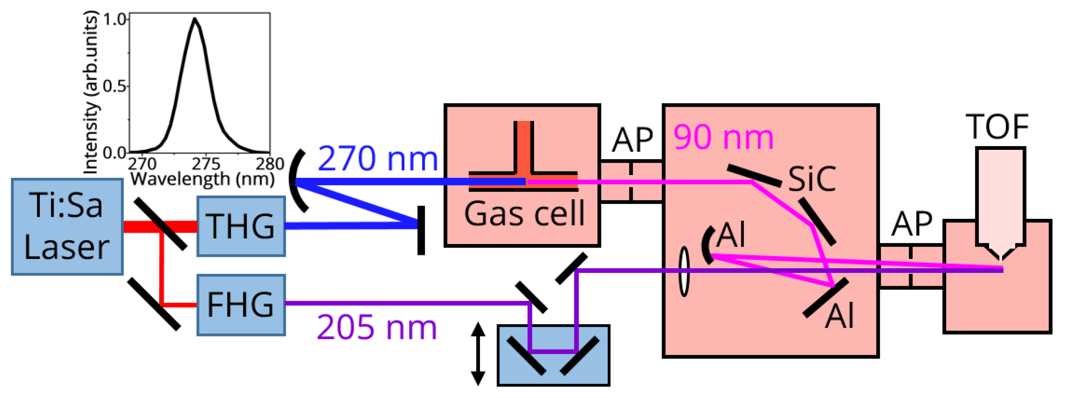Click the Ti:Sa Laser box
coord(67,227)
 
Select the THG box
coord(241,226)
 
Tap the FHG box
coord(241,305)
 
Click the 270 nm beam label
coord(378,159)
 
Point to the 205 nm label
coord(377,327)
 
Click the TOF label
coord(997,127)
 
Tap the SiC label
coord(812,179)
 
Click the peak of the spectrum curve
coord(195,19)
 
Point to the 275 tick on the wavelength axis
coord(206,164)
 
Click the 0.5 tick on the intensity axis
coord(114,87)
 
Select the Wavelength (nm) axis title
coord(202,179)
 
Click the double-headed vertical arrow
coord(478,354)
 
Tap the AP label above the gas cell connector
coord(632,140)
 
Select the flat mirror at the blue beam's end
coord(421,230)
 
